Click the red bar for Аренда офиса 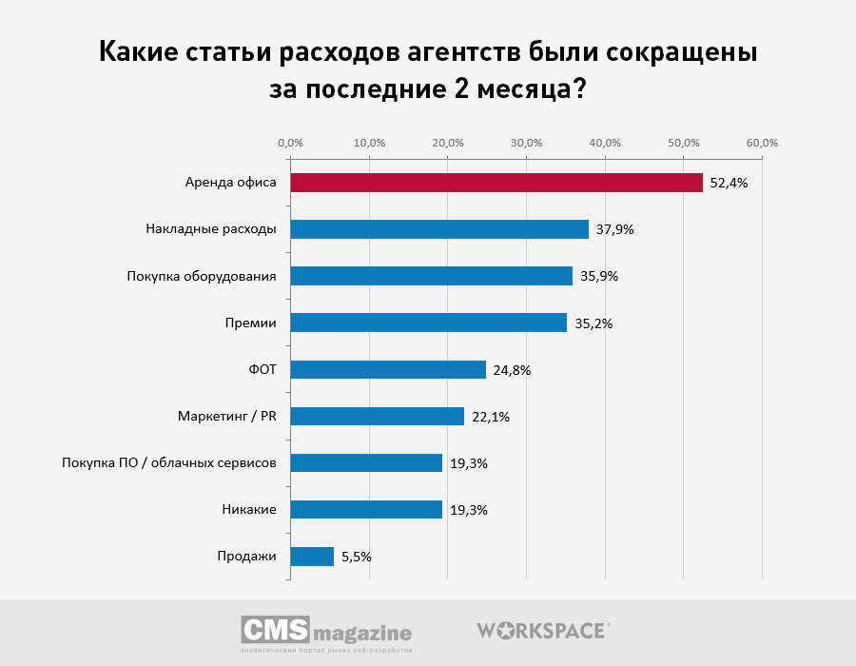pos(496,183)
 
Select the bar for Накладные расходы pos(438,229)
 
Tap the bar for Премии pos(428,323)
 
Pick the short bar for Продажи pos(312,557)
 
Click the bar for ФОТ pos(387,369)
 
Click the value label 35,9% pos(598,276)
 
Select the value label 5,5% pos(356,557)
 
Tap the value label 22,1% pos(491,417)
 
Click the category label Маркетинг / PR pos(226,417)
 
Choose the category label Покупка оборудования pos(202,276)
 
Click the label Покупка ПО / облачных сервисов pos(169,463)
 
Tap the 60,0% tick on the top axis pos(762,143)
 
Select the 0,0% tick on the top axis pos(290,143)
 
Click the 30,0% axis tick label pos(526,143)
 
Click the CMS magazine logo pos(326,633)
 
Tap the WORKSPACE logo pos(541,630)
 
